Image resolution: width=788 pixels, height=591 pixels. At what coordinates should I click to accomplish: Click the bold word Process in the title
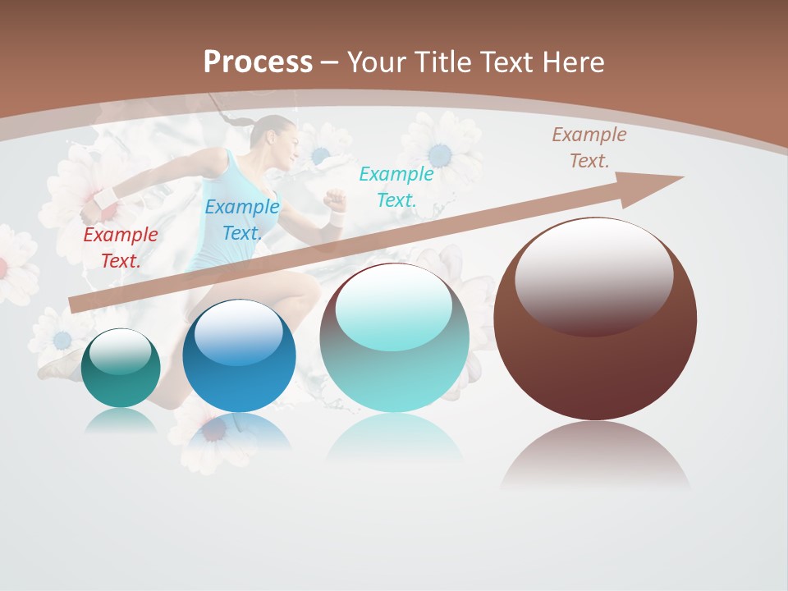click(258, 62)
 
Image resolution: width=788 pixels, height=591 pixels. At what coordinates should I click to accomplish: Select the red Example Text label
click(121, 248)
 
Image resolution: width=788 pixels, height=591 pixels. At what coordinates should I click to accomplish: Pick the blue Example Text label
click(241, 220)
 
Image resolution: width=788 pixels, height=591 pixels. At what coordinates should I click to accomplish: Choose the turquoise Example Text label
click(396, 186)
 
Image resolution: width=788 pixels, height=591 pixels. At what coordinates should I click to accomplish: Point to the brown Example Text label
click(589, 148)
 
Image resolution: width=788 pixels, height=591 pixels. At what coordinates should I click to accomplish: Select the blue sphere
click(239, 356)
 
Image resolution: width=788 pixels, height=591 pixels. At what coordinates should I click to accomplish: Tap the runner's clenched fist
click(333, 200)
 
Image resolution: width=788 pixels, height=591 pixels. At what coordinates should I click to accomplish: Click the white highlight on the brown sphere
click(593, 271)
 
